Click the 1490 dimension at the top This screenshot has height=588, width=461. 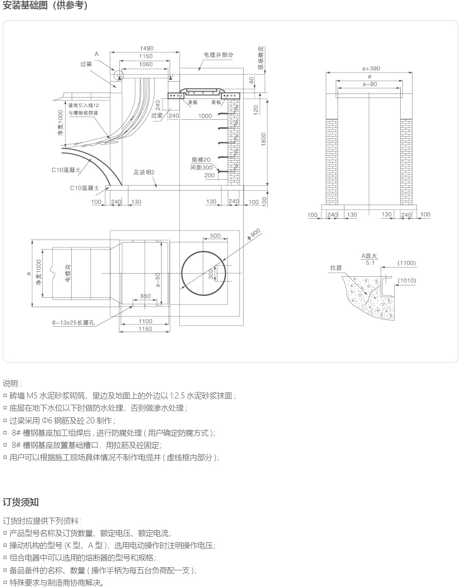tap(147, 48)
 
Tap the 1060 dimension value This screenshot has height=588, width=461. tap(146, 64)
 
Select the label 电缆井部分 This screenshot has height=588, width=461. tap(219, 55)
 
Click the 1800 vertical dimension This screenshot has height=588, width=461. tap(264, 139)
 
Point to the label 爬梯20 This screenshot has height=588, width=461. tap(201, 160)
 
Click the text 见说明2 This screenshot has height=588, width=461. tap(144, 172)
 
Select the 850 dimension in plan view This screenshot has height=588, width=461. tap(145, 296)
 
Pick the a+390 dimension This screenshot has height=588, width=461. tap(371, 69)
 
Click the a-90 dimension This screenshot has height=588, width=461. tap(370, 84)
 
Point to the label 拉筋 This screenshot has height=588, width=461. tap(336, 268)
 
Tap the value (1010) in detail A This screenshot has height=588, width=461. tap(407, 280)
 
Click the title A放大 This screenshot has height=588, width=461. tap(369, 256)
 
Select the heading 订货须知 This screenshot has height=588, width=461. tap(21, 502)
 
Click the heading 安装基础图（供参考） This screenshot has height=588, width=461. tap(45, 6)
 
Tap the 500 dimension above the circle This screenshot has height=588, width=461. tap(216, 235)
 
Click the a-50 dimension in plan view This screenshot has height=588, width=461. tap(157, 280)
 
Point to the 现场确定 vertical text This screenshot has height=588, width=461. tap(261, 58)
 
